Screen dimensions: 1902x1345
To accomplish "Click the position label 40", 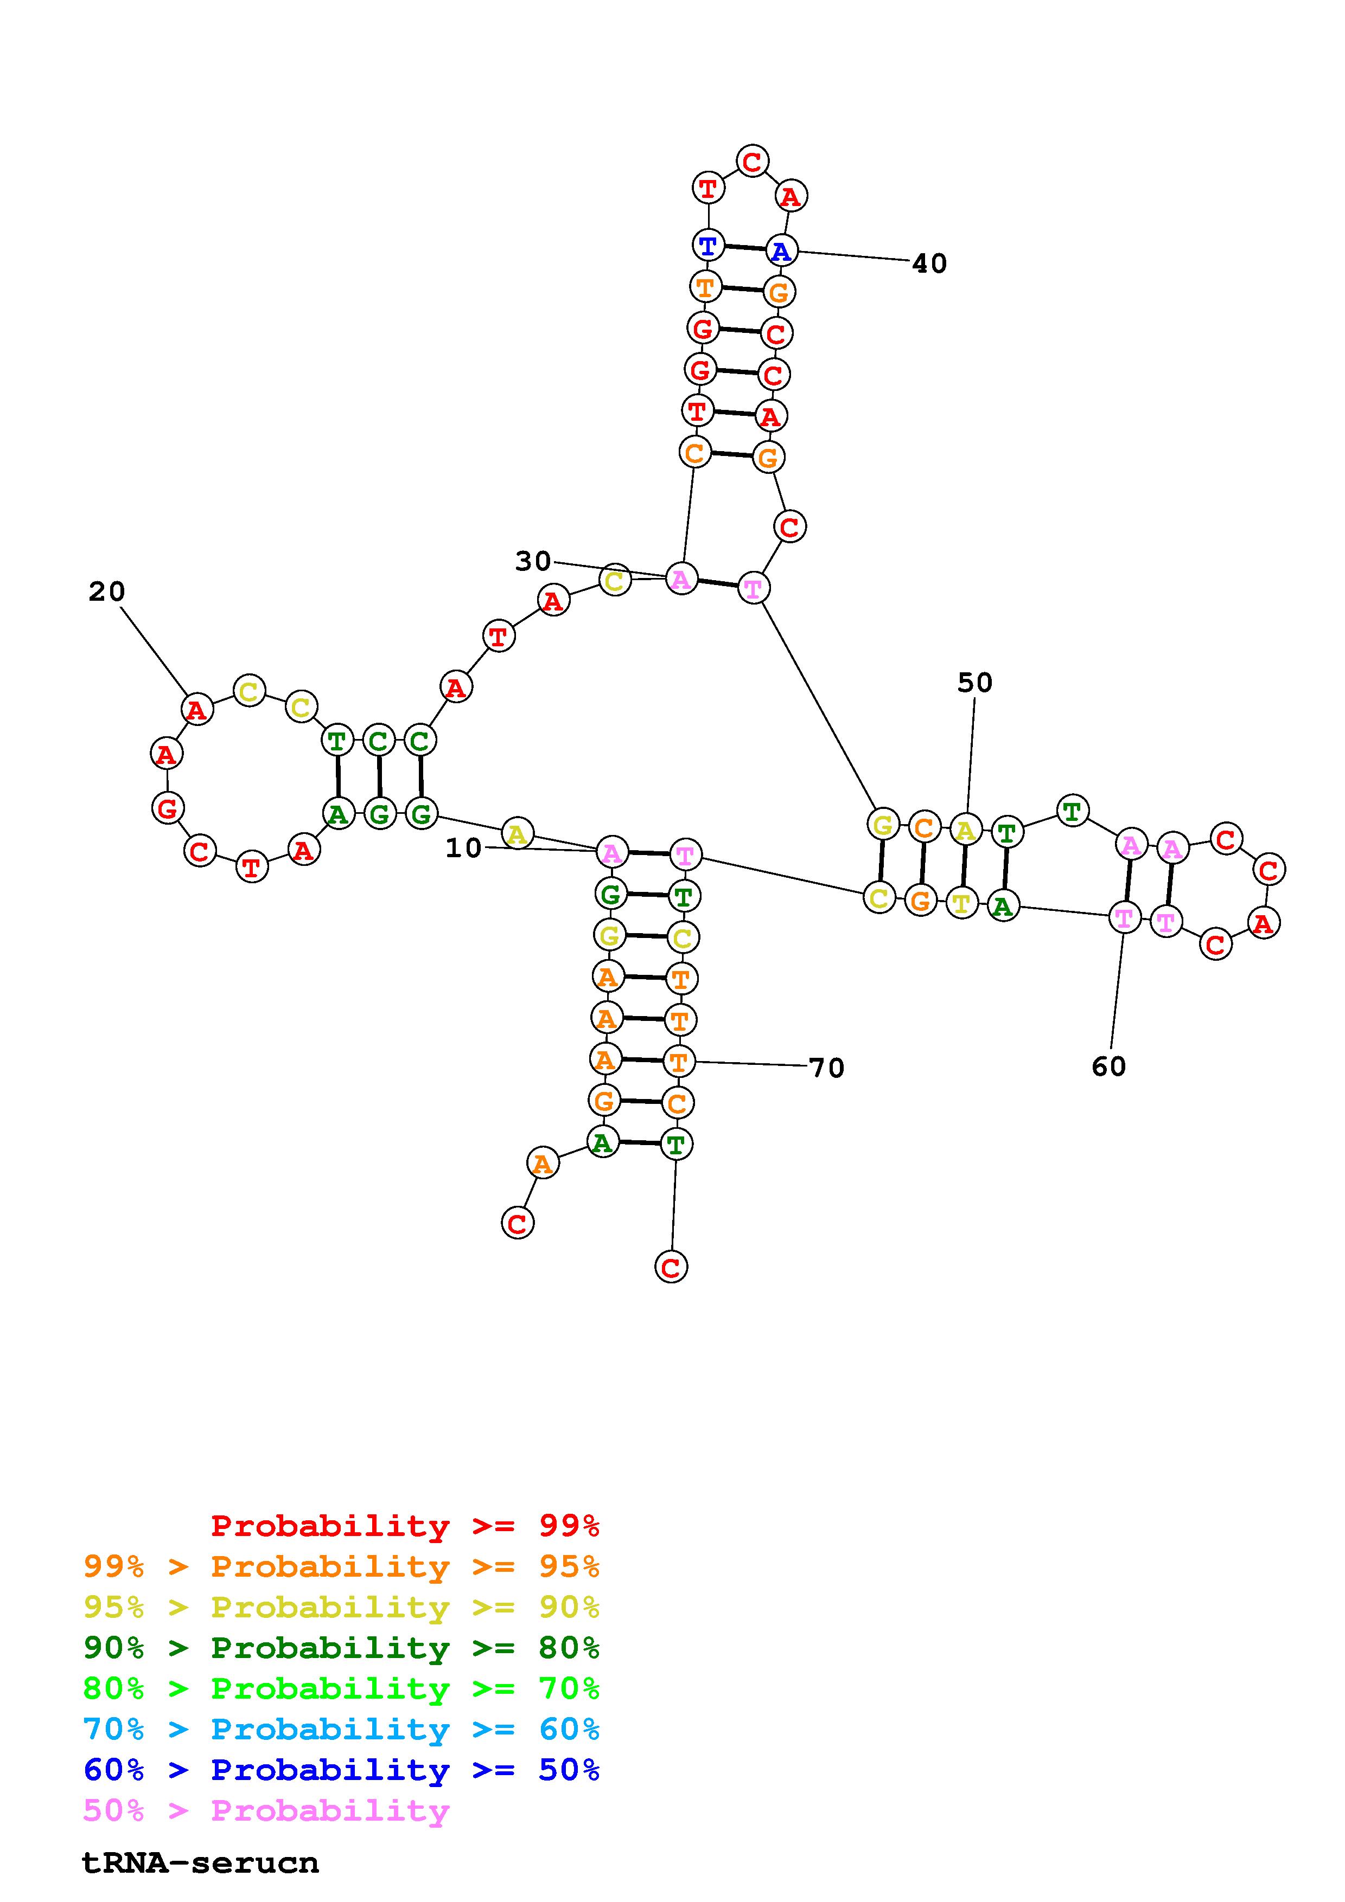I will click(x=928, y=264).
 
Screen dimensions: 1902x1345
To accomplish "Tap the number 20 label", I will click(x=107, y=592).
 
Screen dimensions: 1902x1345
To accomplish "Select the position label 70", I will click(x=826, y=1068).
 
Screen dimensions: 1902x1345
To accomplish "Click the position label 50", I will click(x=974, y=683).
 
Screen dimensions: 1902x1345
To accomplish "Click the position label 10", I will click(x=463, y=847).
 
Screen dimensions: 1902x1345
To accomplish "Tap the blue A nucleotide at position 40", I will click(x=781, y=250).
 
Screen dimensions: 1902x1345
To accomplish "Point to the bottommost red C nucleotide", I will click(x=671, y=1267).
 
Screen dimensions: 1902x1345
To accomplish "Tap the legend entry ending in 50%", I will click(x=341, y=1770).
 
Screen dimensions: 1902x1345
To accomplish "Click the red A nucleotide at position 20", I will click(x=196, y=710).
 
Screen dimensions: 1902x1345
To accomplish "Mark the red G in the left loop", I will click(x=168, y=808).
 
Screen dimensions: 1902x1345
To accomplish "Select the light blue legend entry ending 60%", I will click(x=341, y=1729).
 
